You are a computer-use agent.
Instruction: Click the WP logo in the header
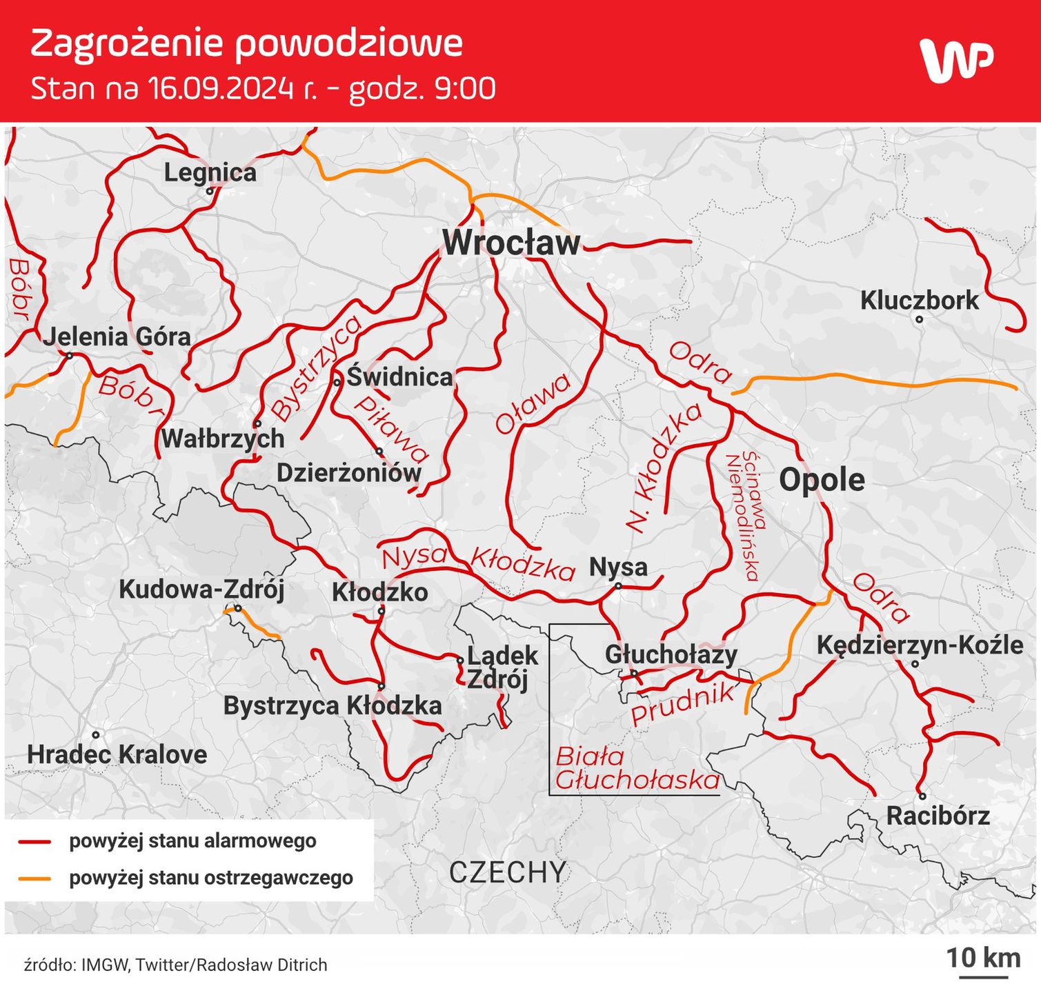pyautogui.click(x=956, y=61)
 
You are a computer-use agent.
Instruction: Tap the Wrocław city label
pyautogui.click(x=511, y=243)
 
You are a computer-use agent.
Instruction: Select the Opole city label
pyautogui.click(x=822, y=480)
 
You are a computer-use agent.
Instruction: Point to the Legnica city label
pyautogui.click(x=210, y=172)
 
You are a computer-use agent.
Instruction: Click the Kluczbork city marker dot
pyautogui.click(x=919, y=319)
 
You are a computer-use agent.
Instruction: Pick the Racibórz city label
pyautogui.click(x=938, y=816)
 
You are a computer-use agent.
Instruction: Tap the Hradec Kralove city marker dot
pyautogui.click(x=97, y=735)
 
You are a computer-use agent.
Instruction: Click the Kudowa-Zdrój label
pyautogui.click(x=201, y=590)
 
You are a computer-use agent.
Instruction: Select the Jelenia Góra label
pyautogui.click(x=117, y=337)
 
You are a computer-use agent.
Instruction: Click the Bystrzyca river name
pyautogui.click(x=316, y=368)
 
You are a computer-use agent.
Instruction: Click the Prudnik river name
pyautogui.click(x=682, y=703)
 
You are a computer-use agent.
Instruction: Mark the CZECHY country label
pyautogui.click(x=508, y=873)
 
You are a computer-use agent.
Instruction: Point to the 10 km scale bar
pyautogui.click(x=983, y=976)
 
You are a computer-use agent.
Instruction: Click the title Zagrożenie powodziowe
pyautogui.click(x=246, y=43)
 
